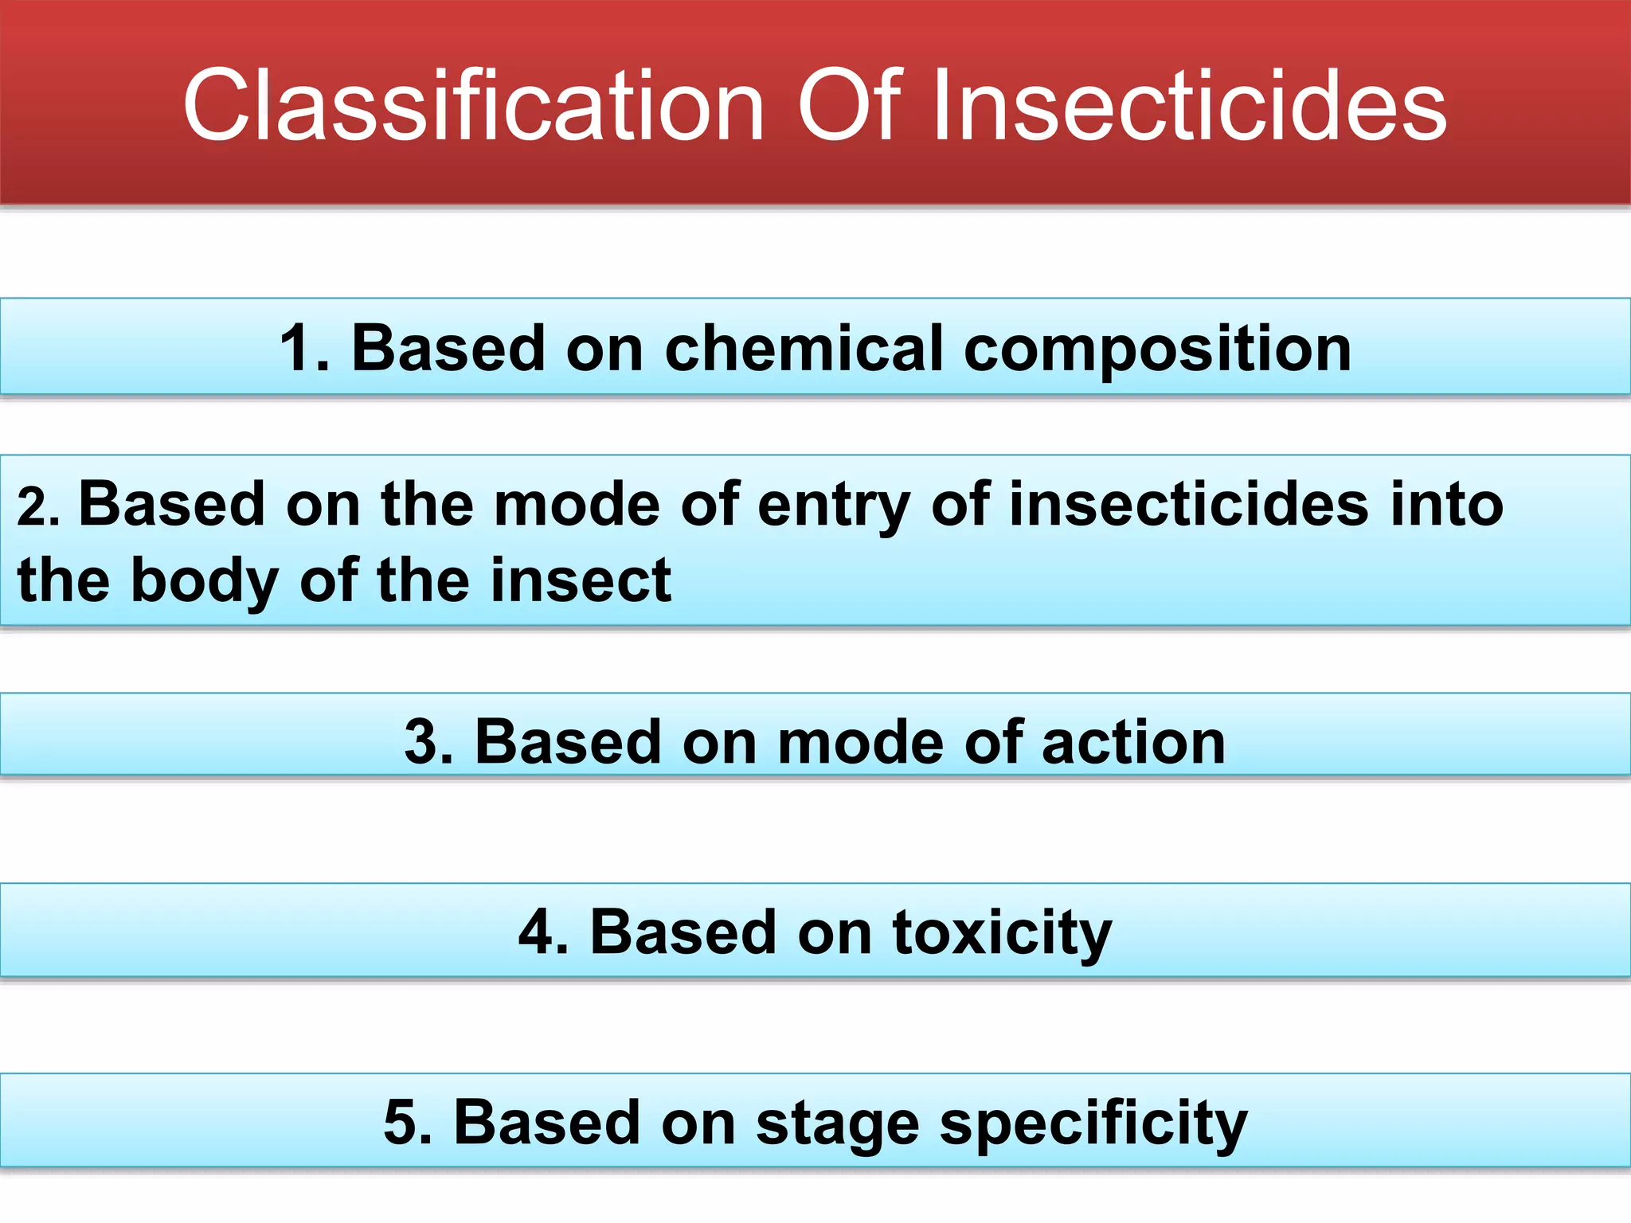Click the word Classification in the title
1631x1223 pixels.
tap(474, 106)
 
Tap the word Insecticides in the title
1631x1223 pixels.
tap(1188, 106)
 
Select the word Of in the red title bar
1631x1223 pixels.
tap(848, 106)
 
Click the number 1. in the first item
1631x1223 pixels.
tap(303, 348)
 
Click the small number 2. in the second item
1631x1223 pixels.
tap(37, 507)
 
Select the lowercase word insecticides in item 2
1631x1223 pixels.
tap(1189, 504)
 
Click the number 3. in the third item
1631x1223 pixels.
tap(428, 742)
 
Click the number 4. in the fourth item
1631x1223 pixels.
tap(543, 932)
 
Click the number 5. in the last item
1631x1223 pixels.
tap(408, 1122)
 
